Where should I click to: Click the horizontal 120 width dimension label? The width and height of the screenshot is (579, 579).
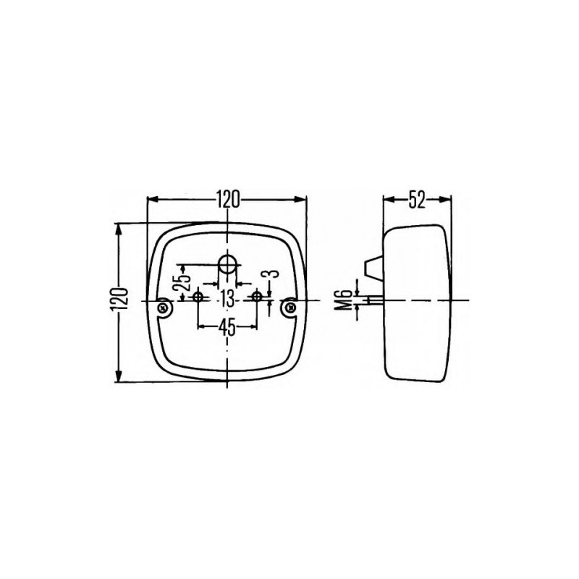pyautogui.click(x=227, y=200)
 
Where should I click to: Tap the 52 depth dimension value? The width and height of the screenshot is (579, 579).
pyautogui.click(x=416, y=200)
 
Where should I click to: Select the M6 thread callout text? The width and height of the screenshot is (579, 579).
pyautogui.click(x=345, y=300)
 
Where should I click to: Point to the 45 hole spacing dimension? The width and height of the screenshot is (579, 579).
pyautogui.click(x=227, y=327)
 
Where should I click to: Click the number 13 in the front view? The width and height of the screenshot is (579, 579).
pyautogui.click(x=227, y=298)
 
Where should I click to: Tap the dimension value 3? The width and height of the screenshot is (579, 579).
pyautogui.click(x=269, y=276)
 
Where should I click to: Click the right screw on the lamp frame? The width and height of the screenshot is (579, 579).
pyautogui.click(x=289, y=308)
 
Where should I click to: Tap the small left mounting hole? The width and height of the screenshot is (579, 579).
pyautogui.click(x=199, y=297)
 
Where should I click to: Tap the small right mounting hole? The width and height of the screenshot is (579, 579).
pyautogui.click(x=256, y=297)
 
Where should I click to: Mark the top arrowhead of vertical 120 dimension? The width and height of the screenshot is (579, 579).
pyautogui.click(x=119, y=227)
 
